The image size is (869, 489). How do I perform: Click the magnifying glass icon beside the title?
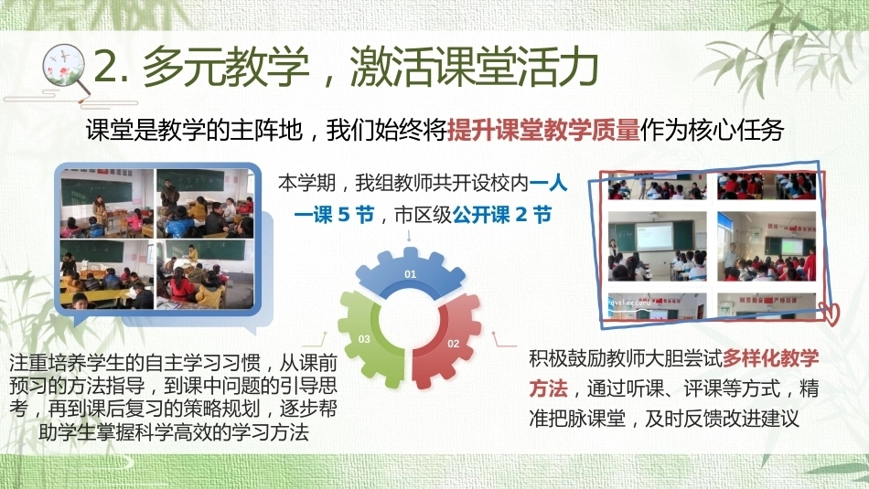pyautogui.click(x=65, y=70)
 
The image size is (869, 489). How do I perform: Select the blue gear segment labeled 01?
pyautogui.click(x=410, y=272)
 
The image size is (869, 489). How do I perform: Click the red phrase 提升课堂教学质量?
pyautogui.click(x=543, y=130)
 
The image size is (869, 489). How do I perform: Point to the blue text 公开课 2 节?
pyautogui.click(x=502, y=215)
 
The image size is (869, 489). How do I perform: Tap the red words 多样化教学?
pyautogui.click(x=770, y=358)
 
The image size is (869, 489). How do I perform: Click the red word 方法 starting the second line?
pyautogui.click(x=548, y=388)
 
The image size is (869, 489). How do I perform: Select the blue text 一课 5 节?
pyautogui.click(x=334, y=215)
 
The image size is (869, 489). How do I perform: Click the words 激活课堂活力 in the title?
pyautogui.click(x=475, y=67)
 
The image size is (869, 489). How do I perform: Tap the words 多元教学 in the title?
pyautogui.click(x=226, y=67)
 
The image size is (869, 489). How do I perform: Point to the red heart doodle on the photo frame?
pyautogui.click(x=830, y=313)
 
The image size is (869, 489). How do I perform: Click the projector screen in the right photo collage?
pyautogui.click(x=654, y=237)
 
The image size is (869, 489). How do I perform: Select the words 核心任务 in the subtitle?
pyautogui.click(x=735, y=130)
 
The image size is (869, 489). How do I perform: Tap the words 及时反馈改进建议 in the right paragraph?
pyautogui.click(x=722, y=418)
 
